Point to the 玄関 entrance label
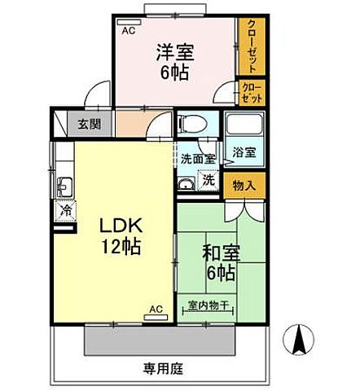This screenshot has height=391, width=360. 90,124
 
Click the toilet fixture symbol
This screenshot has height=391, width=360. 191,124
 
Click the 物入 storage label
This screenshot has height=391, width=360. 245,186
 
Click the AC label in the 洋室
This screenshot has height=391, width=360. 128,31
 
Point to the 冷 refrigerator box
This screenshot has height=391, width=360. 64,210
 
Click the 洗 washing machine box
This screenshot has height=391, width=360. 209,179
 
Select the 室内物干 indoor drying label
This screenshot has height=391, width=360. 210,306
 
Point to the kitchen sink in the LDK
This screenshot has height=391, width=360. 64,185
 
